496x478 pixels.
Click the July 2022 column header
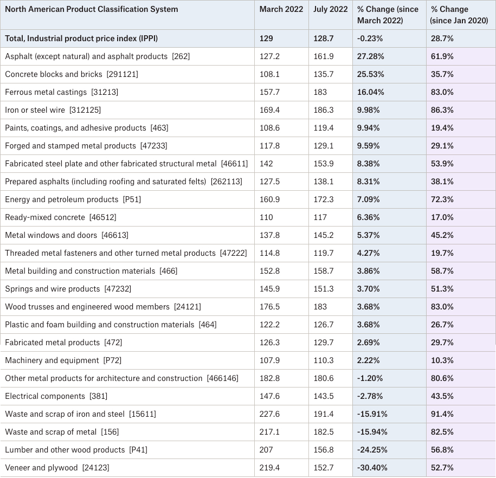330,9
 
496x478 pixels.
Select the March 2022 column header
281,9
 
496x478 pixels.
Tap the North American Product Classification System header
92,9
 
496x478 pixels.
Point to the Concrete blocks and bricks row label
72,74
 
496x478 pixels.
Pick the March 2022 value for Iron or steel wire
269,110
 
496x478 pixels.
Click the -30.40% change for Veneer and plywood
372,468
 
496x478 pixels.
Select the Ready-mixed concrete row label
60,217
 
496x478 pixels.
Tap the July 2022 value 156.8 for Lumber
323,450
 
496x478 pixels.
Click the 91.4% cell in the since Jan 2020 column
442,414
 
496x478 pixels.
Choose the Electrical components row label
56,396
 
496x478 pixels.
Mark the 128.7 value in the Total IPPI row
323,38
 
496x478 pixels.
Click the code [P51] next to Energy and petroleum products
132,199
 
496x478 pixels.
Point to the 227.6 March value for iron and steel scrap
269,414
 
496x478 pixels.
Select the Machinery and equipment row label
63,360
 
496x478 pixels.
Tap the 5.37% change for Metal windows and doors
368,235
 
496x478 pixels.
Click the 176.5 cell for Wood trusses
269,307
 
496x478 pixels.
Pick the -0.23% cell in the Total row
370,38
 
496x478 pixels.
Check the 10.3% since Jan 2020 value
442,360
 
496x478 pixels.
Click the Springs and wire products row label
68,289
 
